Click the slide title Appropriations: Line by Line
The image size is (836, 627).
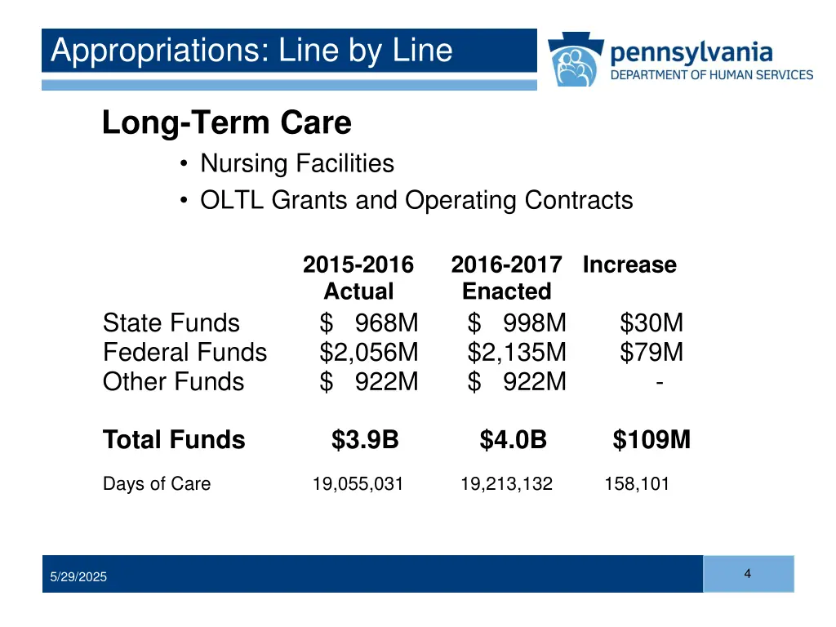(251, 51)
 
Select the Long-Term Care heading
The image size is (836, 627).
(227, 123)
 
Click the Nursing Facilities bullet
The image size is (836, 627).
(297, 164)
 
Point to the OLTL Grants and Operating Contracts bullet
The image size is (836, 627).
(416, 200)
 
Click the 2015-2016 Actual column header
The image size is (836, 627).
(358, 278)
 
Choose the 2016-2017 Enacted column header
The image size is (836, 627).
(506, 278)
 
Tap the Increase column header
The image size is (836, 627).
(629, 265)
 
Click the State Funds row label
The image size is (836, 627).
(171, 323)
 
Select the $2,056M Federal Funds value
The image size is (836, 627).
(369, 353)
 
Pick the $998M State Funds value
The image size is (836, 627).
(517, 323)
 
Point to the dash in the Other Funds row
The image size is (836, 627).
(658, 380)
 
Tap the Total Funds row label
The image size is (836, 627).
(174, 440)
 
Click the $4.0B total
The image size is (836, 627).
(513, 440)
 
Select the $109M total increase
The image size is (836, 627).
(651, 440)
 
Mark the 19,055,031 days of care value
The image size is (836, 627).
(358, 484)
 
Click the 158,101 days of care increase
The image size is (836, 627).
(637, 484)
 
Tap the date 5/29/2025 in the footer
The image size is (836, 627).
(78, 577)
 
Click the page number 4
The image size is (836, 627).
(748, 574)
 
